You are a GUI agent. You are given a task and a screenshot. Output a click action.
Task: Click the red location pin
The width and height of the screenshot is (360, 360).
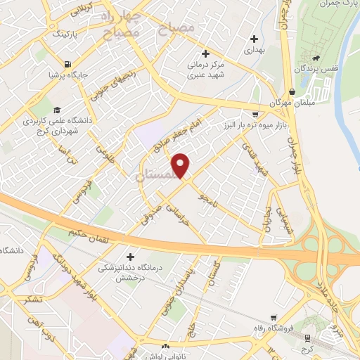[181, 166]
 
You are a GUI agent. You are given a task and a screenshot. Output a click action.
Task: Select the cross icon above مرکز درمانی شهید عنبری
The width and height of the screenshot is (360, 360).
[205, 53]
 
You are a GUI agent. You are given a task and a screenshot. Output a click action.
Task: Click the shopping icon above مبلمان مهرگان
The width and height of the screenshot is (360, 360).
[291, 91]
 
